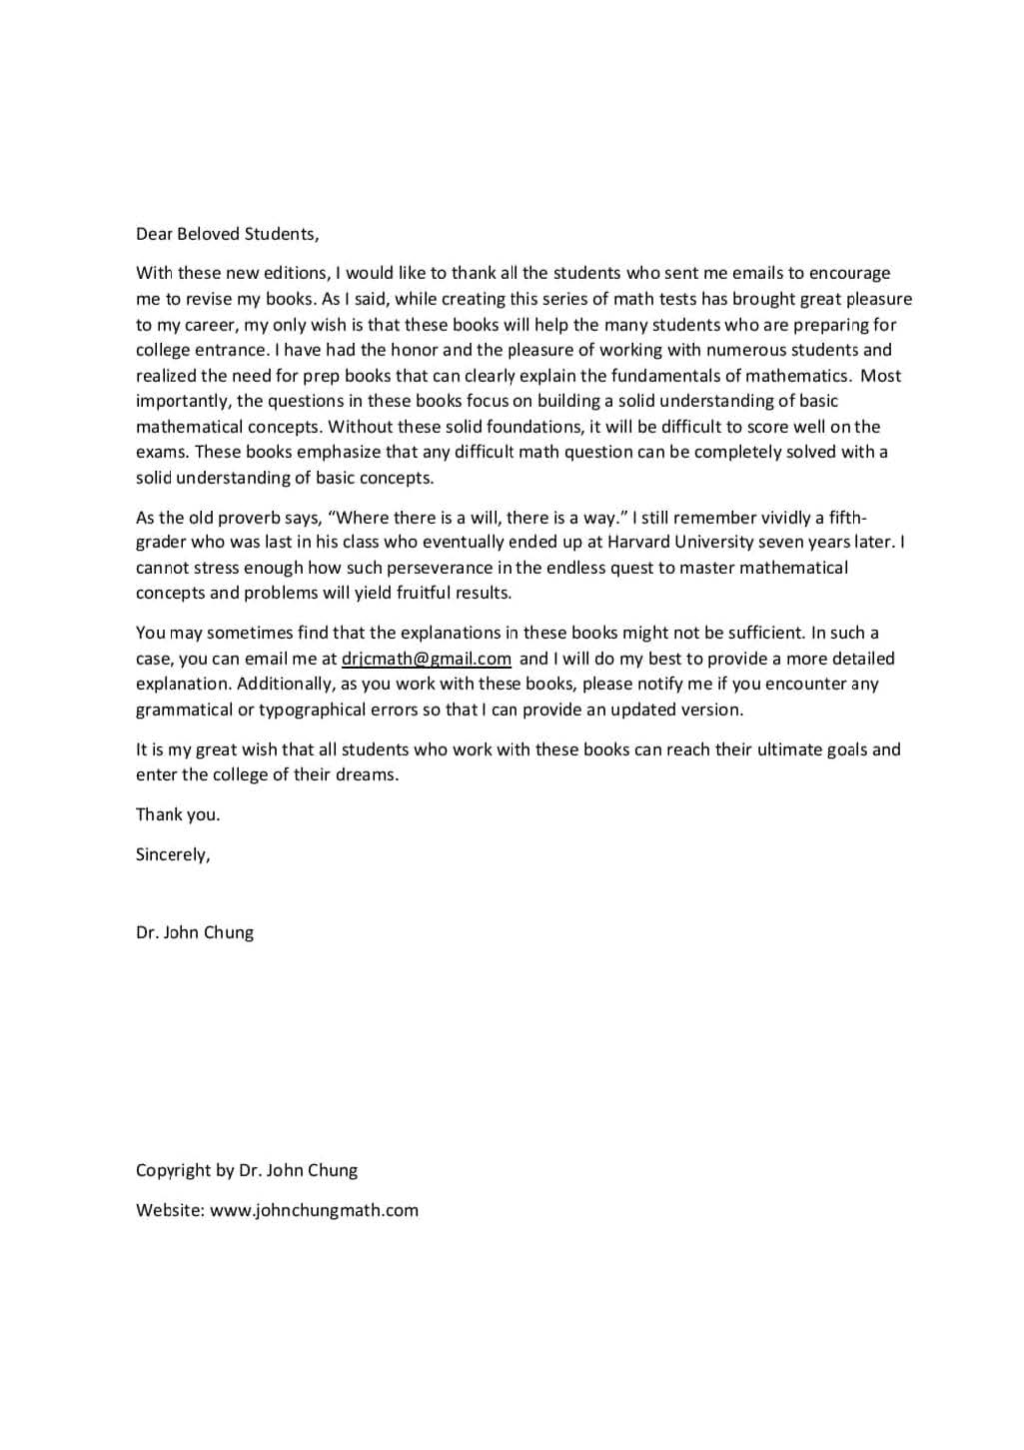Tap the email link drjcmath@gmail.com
click(426, 659)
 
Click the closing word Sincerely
click(172, 854)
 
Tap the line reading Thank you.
click(178, 814)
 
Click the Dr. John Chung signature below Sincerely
click(195, 932)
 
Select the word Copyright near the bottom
click(173, 1170)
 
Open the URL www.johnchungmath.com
click(314, 1210)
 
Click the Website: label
click(170, 1210)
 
